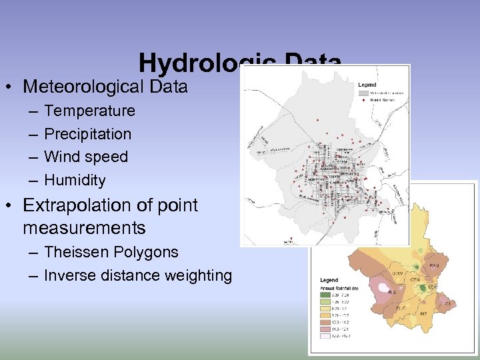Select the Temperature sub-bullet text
pos(89,111)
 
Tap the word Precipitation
pos(87,134)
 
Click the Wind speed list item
pos(85,157)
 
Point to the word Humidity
pos(75,180)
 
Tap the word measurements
pos(84,228)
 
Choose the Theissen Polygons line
pos(111,252)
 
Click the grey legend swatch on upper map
pos(364,93)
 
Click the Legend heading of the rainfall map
pos(329,280)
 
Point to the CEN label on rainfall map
pos(415,279)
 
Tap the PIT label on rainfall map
pos(423,313)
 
